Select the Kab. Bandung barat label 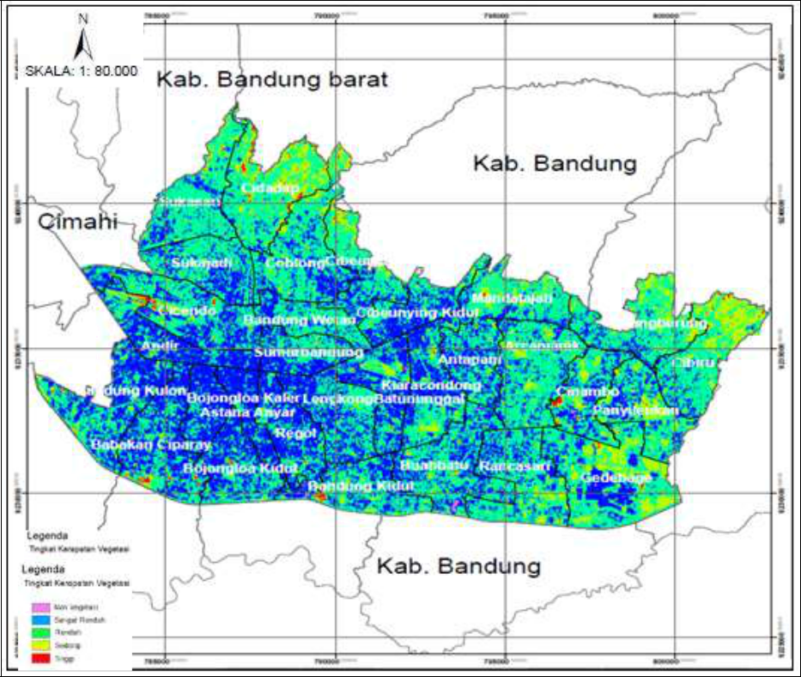(272, 80)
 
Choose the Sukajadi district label (202, 263)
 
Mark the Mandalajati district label (513, 298)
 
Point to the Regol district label (296, 433)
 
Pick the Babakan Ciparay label (138, 445)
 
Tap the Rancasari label (515, 467)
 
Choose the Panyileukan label (635, 411)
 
